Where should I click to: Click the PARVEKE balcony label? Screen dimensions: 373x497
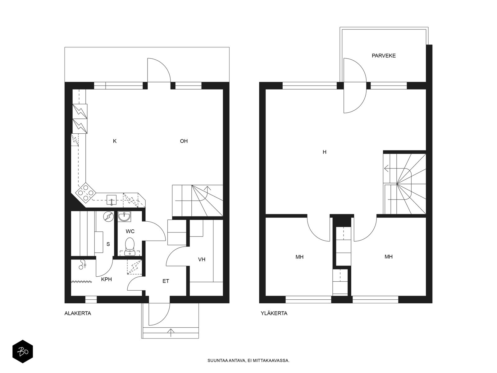(x=384, y=56)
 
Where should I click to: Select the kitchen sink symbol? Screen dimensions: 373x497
(x=112, y=200)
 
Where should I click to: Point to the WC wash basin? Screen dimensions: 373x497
(x=125, y=216)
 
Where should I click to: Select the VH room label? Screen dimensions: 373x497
(x=202, y=259)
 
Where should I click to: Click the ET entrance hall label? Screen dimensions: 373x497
(x=166, y=281)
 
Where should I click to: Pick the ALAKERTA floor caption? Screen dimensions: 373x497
(x=78, y=313)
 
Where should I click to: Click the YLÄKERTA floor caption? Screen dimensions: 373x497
(x=274, y=313)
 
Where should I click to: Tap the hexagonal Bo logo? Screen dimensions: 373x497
(x=22, y=352)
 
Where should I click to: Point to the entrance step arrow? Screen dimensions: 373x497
(x=171, y=332)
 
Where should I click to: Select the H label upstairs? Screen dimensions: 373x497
(x=324, y=152)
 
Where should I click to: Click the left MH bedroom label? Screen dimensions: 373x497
(x=299, y=257)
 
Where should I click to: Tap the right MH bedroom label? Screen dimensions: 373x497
(x=388, y=257)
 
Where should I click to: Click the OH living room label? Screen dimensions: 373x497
(x=184, y=141)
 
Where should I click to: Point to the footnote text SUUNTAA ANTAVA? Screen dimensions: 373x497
(x=248, y=361)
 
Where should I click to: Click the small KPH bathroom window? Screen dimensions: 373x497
(x=91, y=300)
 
